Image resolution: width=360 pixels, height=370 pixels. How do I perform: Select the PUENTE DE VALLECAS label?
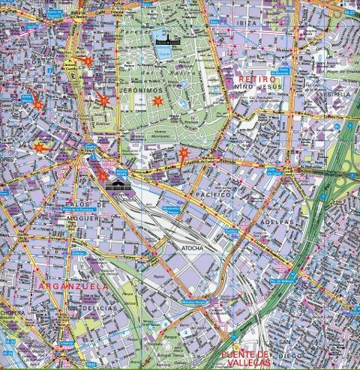[x=245, y=357]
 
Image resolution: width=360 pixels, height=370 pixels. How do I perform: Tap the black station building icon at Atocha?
[x=118, y=185]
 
